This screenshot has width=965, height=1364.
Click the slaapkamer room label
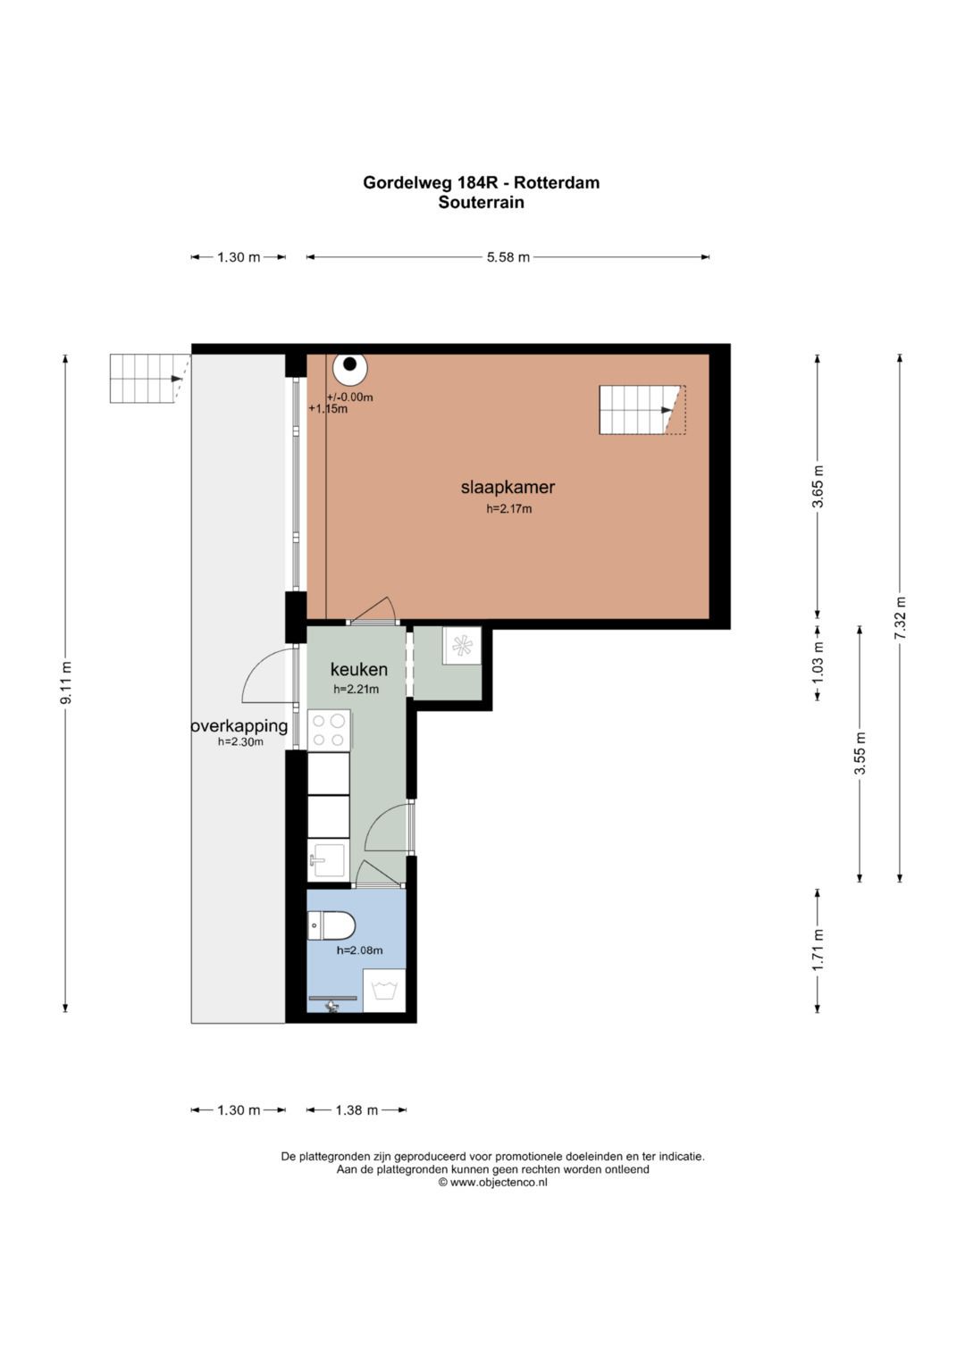pos(508,487)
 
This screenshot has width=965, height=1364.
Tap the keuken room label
pos(359,669)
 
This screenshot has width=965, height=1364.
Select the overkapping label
pos(239,726)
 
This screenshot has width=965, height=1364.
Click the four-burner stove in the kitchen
pos(329,731)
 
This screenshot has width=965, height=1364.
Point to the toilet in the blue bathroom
pos(331,925)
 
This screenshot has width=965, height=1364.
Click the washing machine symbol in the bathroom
pos(384,990)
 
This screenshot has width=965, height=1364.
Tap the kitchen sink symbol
pos(328,860)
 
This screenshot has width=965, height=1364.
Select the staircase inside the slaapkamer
pos(642,410)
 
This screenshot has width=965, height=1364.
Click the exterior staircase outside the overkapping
pos(149,378)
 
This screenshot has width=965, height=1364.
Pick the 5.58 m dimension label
pos(508,257)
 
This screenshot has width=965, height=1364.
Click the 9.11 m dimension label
pos(66,682)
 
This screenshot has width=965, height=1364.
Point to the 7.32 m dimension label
pos(901,617)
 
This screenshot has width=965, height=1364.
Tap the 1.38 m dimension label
pos(357,1110)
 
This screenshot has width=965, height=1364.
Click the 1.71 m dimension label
pos(818,950)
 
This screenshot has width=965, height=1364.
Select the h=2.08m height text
pos(359,950)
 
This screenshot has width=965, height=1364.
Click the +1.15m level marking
pos(328,408)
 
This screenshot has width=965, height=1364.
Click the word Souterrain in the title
pos(482,202)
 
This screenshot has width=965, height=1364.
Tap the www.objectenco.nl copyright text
pos(493,1182)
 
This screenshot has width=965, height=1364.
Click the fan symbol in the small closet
pos(462,646)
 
